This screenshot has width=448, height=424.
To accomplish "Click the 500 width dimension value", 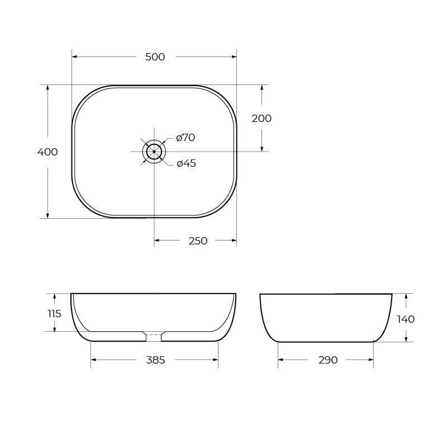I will pyautogui.click(x=155, y=57).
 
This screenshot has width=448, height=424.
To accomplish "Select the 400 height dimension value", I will pyautogui.click(x=47, y=152).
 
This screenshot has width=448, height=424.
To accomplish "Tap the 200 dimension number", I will pyautogui.click(x=261, y=119).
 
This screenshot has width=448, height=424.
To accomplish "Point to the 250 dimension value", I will pyautogui.click(x=198, y=241).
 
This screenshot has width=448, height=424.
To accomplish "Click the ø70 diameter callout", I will pyautogui.click(x=185, y=138).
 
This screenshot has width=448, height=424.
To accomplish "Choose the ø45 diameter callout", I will pyautogui.click(x=186, y=163).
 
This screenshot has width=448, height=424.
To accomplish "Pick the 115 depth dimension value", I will pyautogui.click(x=54, y=314).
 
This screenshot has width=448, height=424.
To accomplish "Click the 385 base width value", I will pyautogui.click(x=155, y=360).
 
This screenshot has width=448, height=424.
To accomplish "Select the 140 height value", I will pyautogui.click(x=406, y=319).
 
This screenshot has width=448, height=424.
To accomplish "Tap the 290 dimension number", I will pyautogui.click(x=328, y=360).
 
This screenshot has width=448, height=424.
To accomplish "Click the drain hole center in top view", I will pyautogui.click(x=154, y=152).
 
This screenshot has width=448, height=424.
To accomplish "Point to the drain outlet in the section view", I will pyautogui.click(x=154, y=337).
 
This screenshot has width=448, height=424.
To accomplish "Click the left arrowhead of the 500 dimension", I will pyautogui.click(x=75, y=57).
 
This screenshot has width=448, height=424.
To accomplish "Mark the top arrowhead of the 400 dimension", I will pyautogui.click(x=47, y=88).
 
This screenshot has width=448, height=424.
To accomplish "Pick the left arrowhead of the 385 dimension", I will pyautogui.click(x=94, y=360).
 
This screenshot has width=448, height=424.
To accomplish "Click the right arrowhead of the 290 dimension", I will pyautogui.click(x=370, y=360).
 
